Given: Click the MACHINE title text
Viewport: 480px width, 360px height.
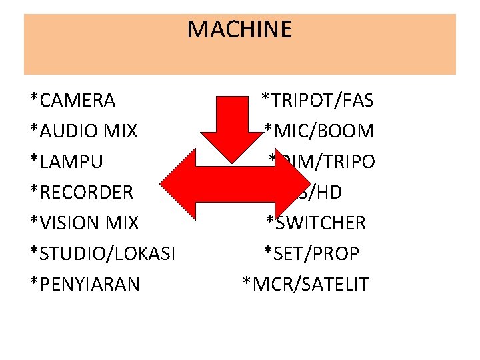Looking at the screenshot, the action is coord(239,29).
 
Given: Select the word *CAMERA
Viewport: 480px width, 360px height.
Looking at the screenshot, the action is coord(73,101).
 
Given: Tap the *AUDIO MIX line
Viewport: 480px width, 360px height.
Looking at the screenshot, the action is coord(84,131).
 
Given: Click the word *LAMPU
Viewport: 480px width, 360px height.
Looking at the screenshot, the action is coord(67,162).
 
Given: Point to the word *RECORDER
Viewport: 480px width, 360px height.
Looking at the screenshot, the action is coord(82,193).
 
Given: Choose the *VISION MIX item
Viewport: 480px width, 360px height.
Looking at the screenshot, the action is coord(84,223).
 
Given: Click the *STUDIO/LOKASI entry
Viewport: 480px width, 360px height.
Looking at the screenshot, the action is coord(103,253).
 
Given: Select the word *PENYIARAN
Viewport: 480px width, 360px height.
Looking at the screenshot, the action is coord(85,284).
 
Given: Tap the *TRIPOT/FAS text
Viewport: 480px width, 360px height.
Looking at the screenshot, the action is coord(317,101).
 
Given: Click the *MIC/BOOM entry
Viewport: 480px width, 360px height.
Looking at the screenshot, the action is coord(319,131).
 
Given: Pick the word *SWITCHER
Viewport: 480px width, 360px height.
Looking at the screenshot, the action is coord(316,223).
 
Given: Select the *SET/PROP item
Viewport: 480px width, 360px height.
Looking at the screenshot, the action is coord(311,253).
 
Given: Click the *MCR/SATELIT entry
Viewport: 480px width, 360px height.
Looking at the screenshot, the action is coord(305,284).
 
